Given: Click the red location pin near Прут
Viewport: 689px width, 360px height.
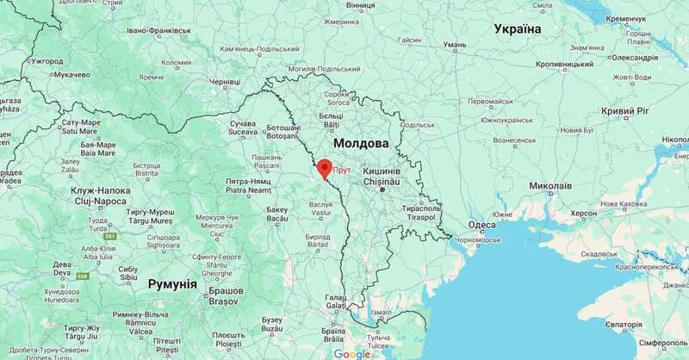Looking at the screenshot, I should pyautogui.click(x=324, y=167).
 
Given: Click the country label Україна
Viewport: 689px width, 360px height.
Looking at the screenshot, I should pyautogui.click(x=518, y=29).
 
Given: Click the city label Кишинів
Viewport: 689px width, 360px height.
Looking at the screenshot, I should pyautogui.click(x=380, y=171).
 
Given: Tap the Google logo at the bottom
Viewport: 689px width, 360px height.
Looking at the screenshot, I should pyautogui.click(x=351, y=353).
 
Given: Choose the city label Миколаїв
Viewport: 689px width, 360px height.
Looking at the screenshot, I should pyautogui.click(x=549, y=185).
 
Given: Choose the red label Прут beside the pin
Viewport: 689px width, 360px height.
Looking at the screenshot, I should pyautogui.click(x=342, y=171).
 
